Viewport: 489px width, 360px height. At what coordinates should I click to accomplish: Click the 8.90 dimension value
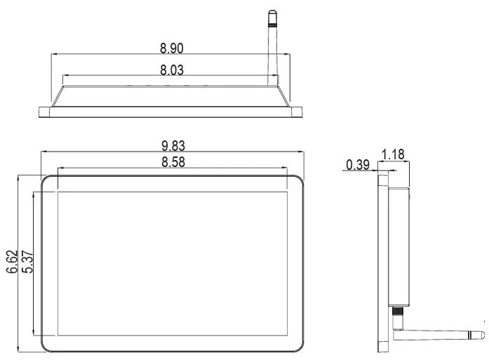pos(172,48)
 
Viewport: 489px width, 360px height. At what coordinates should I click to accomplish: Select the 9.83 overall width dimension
pos(173,145)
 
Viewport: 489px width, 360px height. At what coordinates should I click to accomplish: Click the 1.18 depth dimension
pos(394,154)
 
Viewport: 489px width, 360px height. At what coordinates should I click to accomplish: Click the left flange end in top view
pos(43,109)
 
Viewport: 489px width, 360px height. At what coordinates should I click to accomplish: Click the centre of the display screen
pos(173,262)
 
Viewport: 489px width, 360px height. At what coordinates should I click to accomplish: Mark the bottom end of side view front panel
pos(382,349)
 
